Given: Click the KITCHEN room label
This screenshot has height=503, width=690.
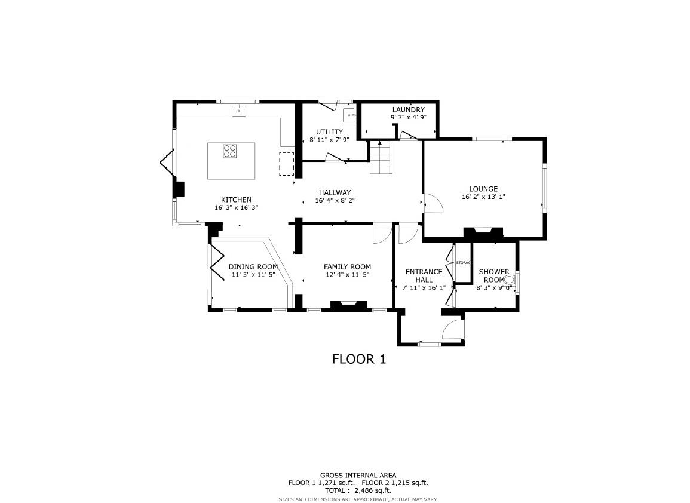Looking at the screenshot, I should [236, 200].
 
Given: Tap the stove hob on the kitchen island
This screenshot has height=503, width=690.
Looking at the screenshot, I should [230, 151].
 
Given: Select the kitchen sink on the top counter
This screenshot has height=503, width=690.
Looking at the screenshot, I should [239, 111].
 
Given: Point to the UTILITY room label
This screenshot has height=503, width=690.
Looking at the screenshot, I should [329, 132].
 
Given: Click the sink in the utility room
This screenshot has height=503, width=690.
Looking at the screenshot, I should [349, 115].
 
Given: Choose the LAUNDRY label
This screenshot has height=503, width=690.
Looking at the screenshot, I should [408, 109].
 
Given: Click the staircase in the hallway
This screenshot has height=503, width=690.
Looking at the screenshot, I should [381, 157].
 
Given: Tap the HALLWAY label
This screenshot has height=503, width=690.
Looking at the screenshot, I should [335, 192].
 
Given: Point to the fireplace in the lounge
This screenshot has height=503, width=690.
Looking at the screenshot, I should [483, 232].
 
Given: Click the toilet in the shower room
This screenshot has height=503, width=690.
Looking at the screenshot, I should [510, 280].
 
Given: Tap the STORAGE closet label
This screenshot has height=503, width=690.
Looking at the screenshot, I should [463, 263].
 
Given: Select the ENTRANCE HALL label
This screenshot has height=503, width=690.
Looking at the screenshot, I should [424, 275].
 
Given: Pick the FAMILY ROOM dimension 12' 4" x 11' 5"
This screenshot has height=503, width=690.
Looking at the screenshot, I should [347, 275].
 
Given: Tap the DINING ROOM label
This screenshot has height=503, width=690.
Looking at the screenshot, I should [253, 266].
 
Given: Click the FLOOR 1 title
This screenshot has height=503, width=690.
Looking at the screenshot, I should [359, 359].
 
